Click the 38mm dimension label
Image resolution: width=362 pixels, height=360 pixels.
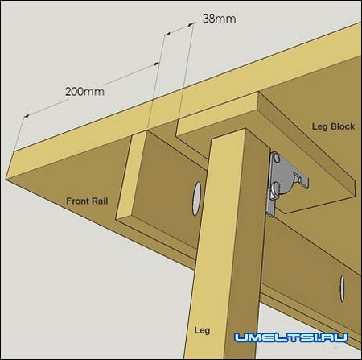[x=220, y=19]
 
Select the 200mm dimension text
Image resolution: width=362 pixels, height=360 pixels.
[x=84, y=92]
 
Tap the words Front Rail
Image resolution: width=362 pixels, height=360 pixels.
[x=87, y=201]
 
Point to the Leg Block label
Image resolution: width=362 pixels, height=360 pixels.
[x=333, y=126]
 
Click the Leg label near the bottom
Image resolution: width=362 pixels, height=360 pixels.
[x=202, y=330]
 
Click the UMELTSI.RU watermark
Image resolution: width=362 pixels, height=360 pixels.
[x=291, y=337]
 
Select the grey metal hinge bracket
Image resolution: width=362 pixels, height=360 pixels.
[x=285, y=183]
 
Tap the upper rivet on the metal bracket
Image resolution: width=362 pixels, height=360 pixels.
[x=276, y=158]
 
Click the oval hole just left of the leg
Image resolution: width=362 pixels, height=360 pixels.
[x=197, y=199]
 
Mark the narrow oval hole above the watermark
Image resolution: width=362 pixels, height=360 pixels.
[x=342, y=288]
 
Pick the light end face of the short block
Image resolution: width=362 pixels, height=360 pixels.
[x=130, y=175]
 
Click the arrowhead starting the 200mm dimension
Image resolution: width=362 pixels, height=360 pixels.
[x=27, y=116]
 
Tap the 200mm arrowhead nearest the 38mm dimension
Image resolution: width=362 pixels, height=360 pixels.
[x=156, y=64]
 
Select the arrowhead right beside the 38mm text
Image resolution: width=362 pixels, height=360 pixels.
[x=191, y=24]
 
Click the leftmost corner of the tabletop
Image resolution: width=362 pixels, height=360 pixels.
[x=6, y=178]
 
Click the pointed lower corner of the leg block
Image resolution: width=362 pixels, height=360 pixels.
[x=286, y=213]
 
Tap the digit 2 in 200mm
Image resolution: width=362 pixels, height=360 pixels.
[x=68, y=92]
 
